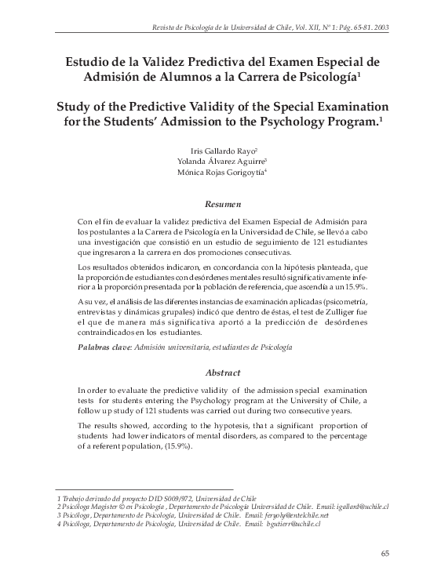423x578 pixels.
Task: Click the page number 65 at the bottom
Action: coord(385,554)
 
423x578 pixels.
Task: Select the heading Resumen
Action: coord(212,204)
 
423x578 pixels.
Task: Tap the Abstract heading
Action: coord(212,373)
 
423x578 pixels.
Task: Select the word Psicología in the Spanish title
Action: coord(319,77)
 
